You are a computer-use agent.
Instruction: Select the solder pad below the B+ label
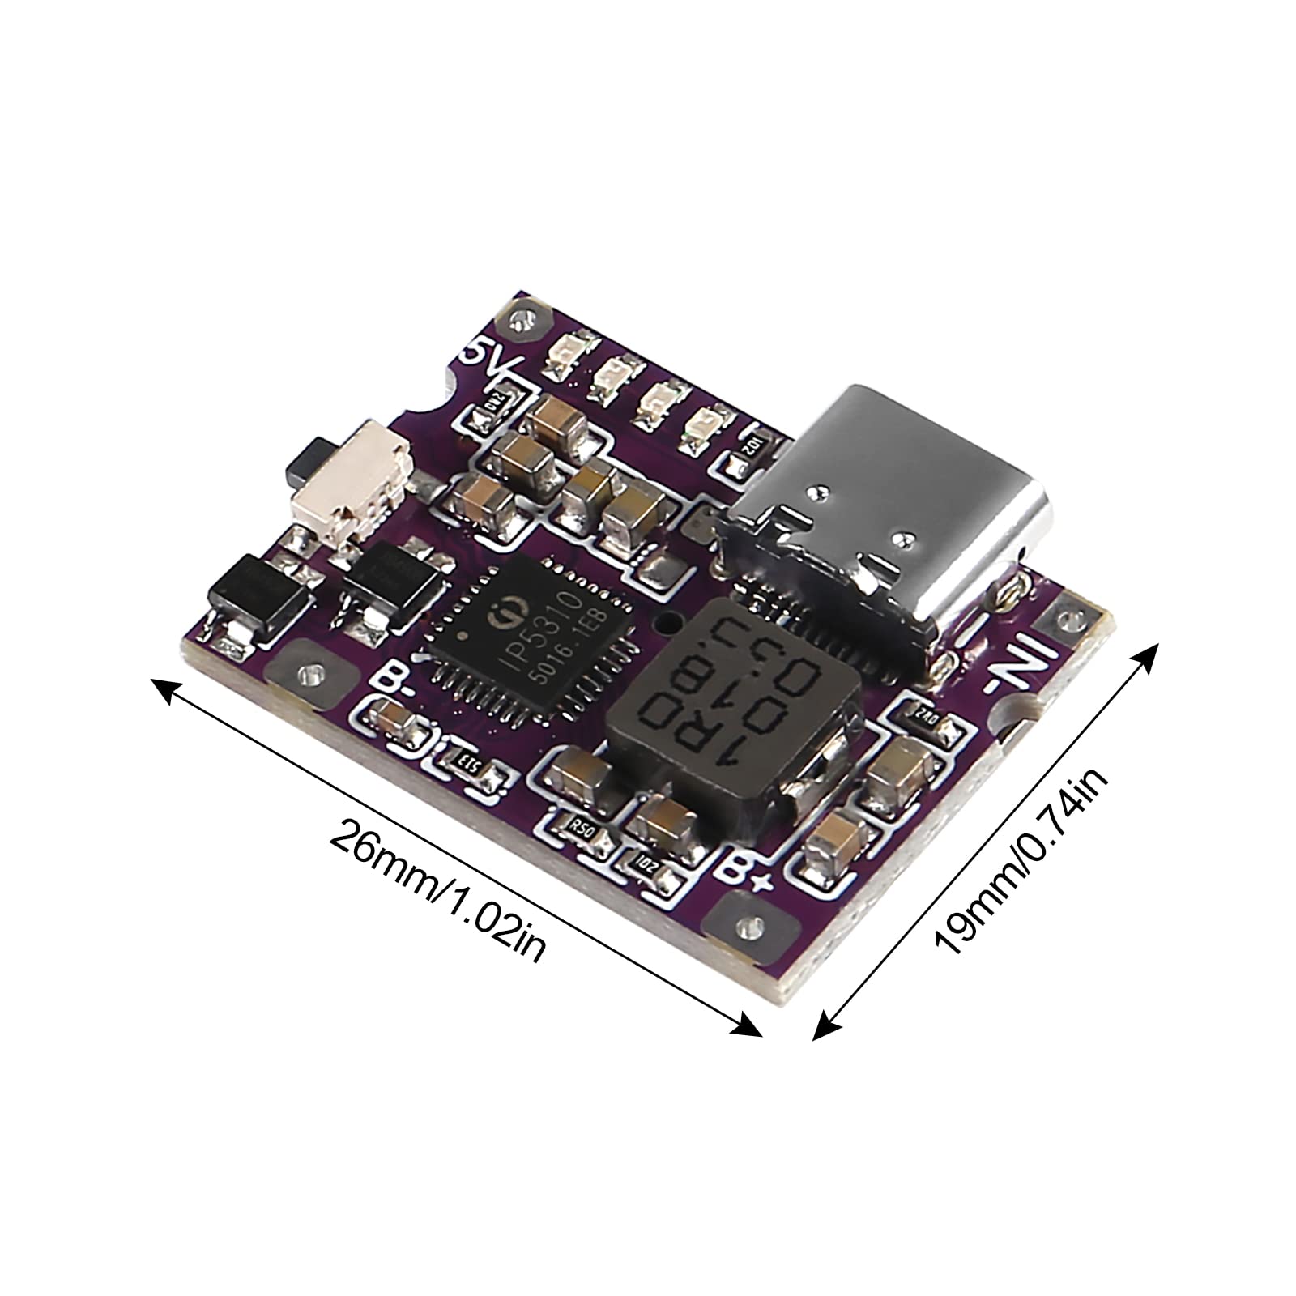pyautogui.click(x=746, y=924)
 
